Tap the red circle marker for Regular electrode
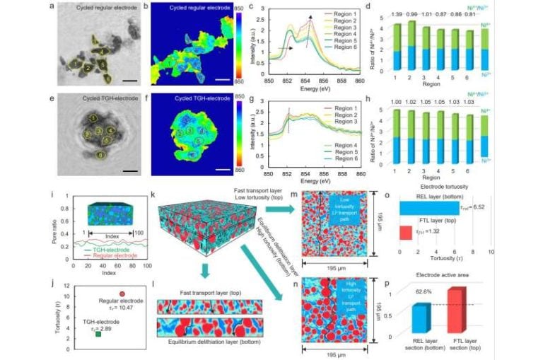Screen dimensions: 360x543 122,294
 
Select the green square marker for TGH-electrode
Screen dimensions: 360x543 98,334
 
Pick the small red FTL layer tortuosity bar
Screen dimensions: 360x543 405,232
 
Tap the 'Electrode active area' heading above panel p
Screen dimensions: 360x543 446,272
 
